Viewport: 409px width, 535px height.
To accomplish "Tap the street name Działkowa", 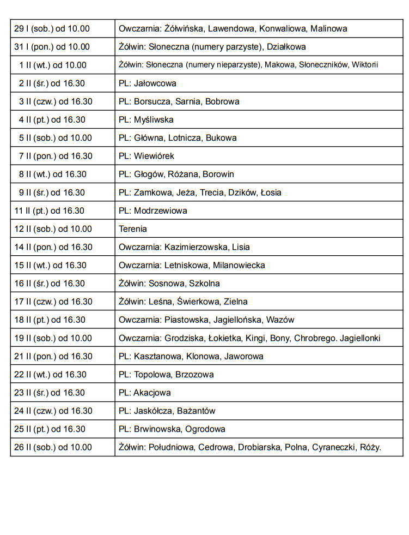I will [286, 47].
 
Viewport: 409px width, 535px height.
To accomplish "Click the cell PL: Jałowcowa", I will [148, 83].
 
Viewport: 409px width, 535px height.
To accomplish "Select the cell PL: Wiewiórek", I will [146, 156].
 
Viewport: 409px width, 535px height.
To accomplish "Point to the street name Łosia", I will [271, 193].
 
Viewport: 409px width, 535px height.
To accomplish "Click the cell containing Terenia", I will [133, 229].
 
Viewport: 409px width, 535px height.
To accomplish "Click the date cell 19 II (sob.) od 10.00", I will [53, 338].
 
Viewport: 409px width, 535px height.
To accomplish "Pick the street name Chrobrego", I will [314, 338].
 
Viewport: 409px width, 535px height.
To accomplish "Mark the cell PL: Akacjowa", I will [145, 393].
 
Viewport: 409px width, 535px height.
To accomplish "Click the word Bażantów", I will [196, 411].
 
